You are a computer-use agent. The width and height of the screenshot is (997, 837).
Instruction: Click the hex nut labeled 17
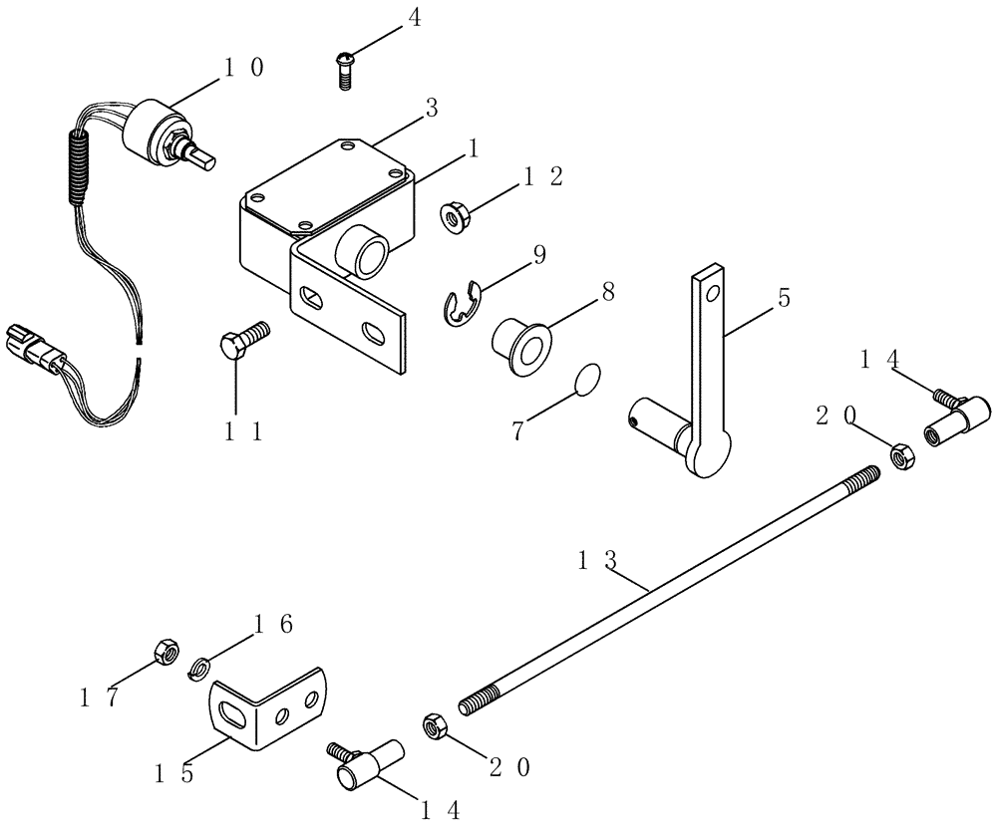(x=166, y=653)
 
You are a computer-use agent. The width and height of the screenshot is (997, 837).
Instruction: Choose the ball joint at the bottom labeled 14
(x=362, y=765)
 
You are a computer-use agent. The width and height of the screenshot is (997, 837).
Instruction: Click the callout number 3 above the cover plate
(x=432, y=108)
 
